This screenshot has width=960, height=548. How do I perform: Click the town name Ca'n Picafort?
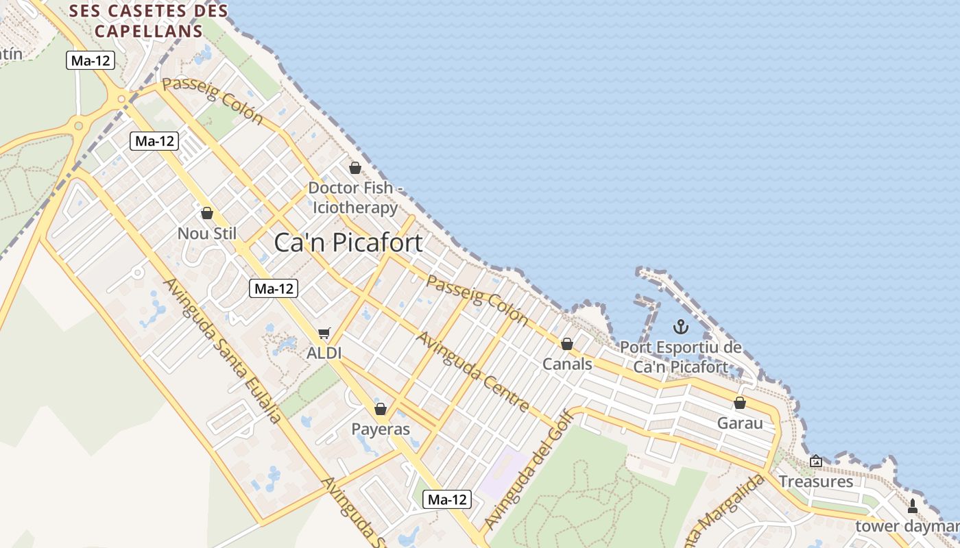(x=348, y=242)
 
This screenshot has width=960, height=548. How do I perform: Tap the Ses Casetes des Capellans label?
(x=149, y=21)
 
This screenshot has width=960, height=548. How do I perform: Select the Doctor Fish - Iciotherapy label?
(x=354, y=197)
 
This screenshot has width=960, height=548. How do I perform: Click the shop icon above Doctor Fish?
(x=355, y=168)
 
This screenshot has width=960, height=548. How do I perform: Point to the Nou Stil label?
(x=206, y=234)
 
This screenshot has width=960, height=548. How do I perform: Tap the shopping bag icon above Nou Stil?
(x=207, y=213)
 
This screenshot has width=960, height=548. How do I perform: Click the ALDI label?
(x=324, y=353)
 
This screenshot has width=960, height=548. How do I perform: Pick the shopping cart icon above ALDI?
(x=324, y=334)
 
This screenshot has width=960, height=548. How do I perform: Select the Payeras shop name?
(x=381, y=429)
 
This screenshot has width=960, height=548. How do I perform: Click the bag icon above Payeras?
(x=381, y=409)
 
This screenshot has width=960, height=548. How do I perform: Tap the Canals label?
(x=567, y=364)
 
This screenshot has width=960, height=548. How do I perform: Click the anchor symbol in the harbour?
(x=680, y=327)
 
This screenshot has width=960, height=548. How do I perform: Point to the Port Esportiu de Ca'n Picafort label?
(x=680, y=357)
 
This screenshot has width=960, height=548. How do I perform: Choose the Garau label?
(x=740, y=423)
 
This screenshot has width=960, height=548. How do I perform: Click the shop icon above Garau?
(x=740, y=403)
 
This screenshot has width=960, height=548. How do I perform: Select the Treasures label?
(x=816, y=482)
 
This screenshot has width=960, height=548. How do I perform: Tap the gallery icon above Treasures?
(x=816, y=462)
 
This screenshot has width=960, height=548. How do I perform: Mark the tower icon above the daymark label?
(x=913, y=506)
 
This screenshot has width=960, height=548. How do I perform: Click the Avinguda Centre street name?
(x=474, y=372)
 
